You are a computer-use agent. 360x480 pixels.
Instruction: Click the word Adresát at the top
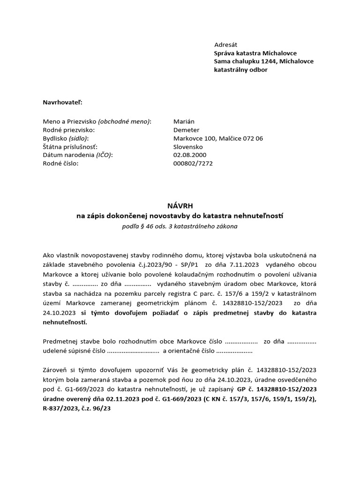point(226,45)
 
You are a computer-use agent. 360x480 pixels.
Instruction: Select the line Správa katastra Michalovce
point(255,53)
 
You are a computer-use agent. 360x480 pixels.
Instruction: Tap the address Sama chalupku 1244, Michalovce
point(263,61)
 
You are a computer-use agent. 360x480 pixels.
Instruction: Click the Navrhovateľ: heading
point(62,102)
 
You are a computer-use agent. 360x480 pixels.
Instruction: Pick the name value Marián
point(184,121)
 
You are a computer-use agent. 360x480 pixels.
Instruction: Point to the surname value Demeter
point(186,130)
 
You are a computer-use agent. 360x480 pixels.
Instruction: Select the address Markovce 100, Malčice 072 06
point(218,138)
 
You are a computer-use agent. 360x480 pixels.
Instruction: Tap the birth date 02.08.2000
point(189,155)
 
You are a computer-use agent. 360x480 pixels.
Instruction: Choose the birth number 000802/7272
point(192,163)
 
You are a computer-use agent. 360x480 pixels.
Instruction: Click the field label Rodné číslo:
point(60,163)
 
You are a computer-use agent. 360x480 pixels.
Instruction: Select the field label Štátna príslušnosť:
point(70,147)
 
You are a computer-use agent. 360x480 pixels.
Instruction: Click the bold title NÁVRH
point(180,205)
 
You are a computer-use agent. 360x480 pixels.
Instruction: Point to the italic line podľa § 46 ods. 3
point(180,226)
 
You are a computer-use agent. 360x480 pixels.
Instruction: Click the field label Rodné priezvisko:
point(68,130)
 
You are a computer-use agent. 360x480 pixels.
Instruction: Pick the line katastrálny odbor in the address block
point(240,70)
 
